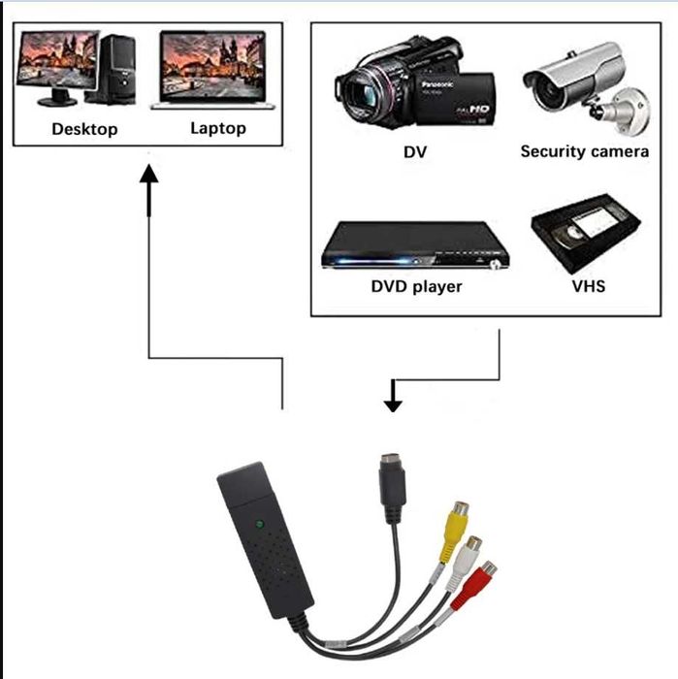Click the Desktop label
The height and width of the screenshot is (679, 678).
pyautogui.click(x=84, y=129)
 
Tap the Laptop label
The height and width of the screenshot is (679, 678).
pyautogui.click(x=217, y=128)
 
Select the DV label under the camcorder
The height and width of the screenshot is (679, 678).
pyautogui.click(x=414, y=152)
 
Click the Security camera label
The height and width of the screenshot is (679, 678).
pyautogui.click(x=584, y=151)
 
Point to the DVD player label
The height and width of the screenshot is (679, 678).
pyautogui.click(x=416, y=286)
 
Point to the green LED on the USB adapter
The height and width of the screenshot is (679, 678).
pyautogui.click(x=259, y=525)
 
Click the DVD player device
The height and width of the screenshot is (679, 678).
pyautogui.click(x=416, y=248)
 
